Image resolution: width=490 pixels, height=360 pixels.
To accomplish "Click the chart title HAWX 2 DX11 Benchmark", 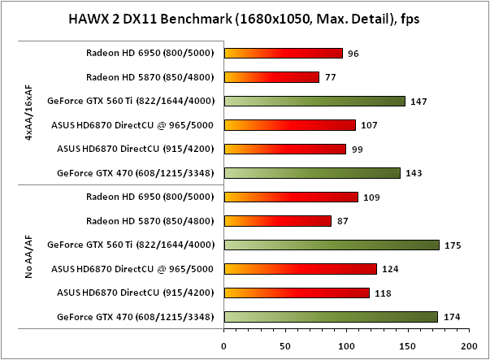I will [245, 18].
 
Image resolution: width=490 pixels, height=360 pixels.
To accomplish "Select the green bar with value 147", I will [314, 102].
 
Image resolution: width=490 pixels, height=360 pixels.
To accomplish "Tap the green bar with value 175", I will [332, 245].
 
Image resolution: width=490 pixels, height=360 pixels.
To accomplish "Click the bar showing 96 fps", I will [284, 54].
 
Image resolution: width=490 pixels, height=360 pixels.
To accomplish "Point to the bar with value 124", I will [300, 268].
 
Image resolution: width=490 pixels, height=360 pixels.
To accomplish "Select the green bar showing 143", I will [312, 172].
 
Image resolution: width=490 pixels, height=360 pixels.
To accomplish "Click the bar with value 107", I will [290, 125].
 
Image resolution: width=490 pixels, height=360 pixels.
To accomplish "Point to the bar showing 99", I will [285, 149].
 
